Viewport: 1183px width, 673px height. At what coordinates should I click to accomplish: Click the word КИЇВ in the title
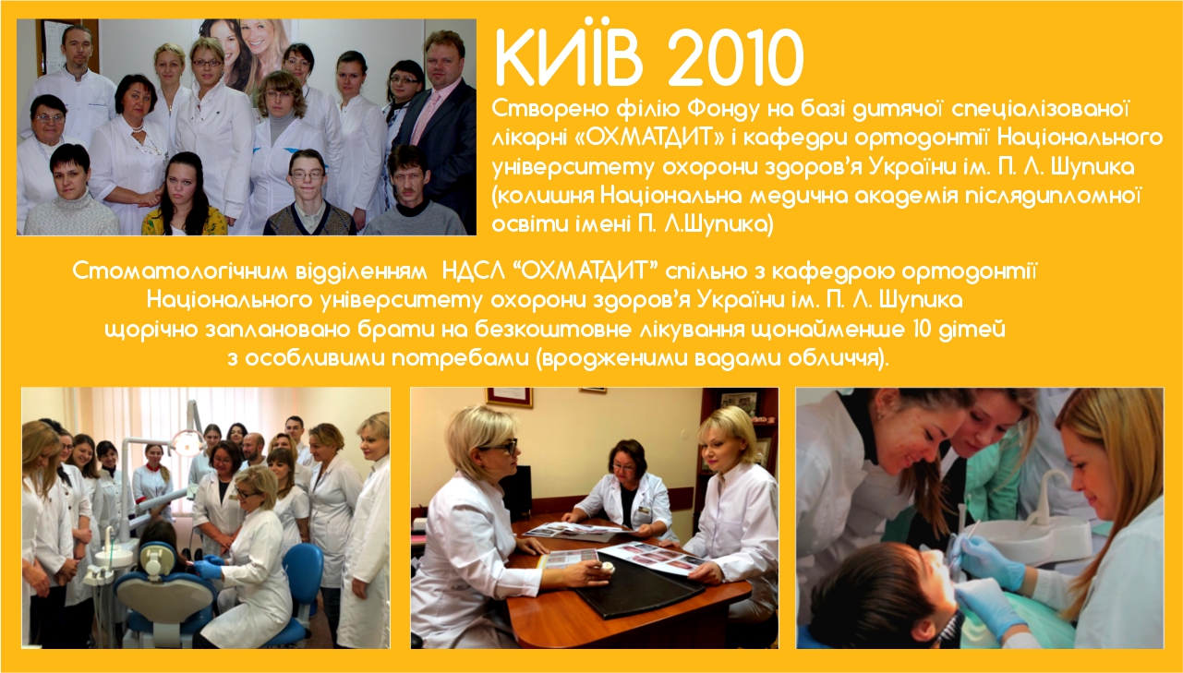click(x=569, y=57)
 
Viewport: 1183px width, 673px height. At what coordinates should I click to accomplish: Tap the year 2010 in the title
click(x=736, y=57)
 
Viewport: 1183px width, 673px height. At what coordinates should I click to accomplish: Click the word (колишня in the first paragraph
click(x=543, y=197)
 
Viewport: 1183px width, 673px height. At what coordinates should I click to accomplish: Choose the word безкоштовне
click(x=553, y=330)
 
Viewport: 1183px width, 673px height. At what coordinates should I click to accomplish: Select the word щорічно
click(x=151, y=330)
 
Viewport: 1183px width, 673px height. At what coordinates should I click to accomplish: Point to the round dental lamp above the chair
click(x=187, y=443)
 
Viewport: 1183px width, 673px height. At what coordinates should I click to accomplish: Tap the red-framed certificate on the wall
click(x=509, y=397)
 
